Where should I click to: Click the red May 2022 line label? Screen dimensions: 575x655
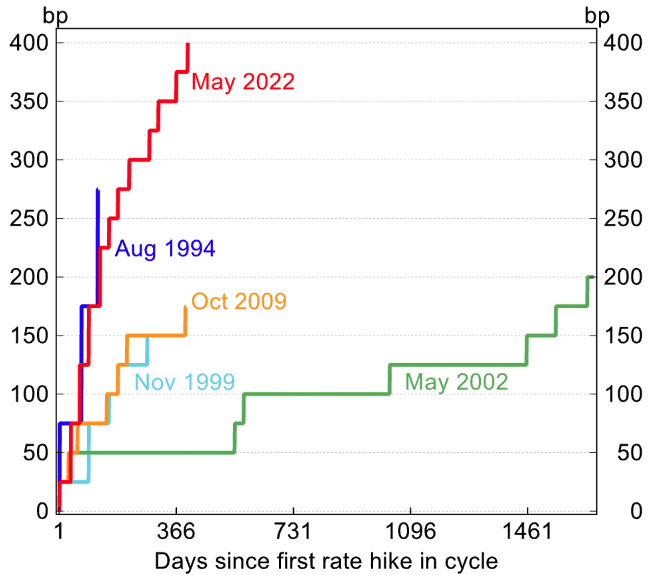243,82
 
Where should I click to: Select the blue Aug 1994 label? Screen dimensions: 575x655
165,249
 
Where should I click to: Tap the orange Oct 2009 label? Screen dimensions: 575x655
239,301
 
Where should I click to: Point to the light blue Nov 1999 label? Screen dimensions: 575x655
184,382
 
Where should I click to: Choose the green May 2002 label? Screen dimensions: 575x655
456,382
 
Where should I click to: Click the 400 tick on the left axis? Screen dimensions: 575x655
29,43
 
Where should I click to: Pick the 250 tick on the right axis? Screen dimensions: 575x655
623,219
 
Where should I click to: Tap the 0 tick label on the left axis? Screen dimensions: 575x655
42,511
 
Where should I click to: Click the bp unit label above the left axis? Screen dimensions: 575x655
55,16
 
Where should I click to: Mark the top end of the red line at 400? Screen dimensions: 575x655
188,44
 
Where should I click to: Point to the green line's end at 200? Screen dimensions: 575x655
592,277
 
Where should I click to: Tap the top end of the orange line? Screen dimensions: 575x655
185,306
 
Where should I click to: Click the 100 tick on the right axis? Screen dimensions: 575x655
623,394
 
